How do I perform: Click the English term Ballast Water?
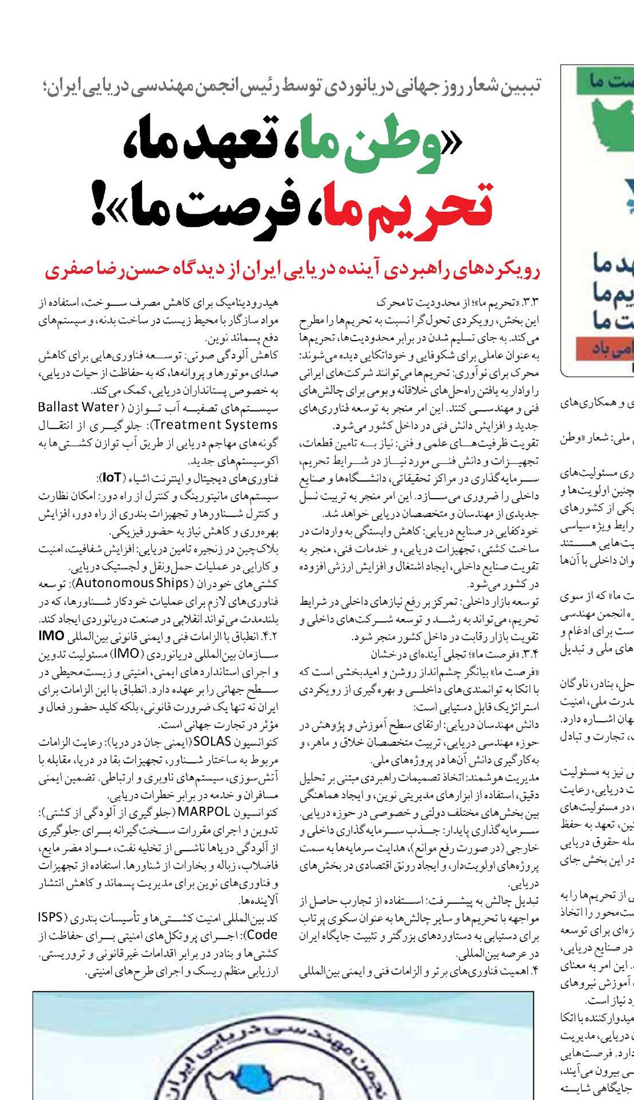pyautogui.click(x=79, y=407)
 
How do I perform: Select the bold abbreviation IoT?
pyautogui.click(x=112, y=478)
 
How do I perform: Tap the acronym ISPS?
pyautogui.click(x=51, y=917)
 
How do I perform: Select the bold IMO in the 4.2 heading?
pyautogui.click(x=52, y=636)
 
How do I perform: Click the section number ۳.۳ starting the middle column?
pyautogui.click(x=530, y=302)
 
